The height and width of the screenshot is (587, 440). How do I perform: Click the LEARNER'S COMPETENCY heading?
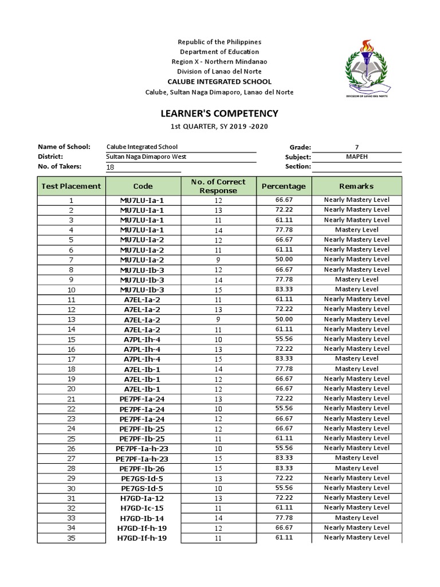click(x=219, y=114)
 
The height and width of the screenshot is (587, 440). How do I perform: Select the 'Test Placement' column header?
click(x=72, y=186)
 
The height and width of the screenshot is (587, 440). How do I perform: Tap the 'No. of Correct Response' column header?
click(x=218, y=186)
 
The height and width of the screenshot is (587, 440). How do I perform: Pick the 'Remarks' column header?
click(x=356, y=186)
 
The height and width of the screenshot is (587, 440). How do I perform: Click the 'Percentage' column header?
click(x=284, y=186)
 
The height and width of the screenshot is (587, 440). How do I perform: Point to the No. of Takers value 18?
click(x=111, y=167)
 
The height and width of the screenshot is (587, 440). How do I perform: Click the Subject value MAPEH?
click(x=356, y=156)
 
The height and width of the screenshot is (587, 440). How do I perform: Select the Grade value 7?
click(x=356, y=147)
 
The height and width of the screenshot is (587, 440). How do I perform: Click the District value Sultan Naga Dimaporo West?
click(x=146, y=156)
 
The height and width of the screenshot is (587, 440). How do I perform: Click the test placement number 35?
click(x=72, y=538)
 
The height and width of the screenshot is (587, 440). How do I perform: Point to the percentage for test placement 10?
click(x=284, y=289)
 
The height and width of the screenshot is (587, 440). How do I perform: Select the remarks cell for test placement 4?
click(x=356, y=230)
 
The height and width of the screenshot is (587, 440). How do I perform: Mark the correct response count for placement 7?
click(x=218, y=260)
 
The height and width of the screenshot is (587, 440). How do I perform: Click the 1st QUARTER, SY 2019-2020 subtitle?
click(x=219, y=126)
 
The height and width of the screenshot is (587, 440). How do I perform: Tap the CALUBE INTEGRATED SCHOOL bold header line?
click(x=219, y=81)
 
